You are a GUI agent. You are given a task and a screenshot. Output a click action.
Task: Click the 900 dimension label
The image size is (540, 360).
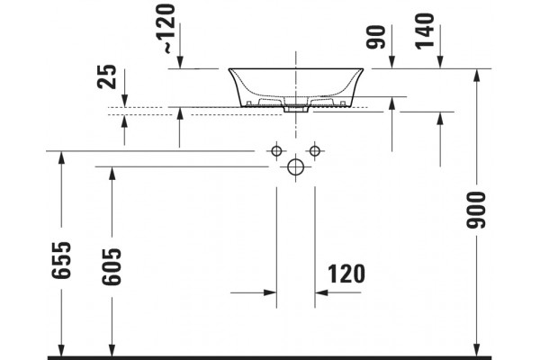point(476,210)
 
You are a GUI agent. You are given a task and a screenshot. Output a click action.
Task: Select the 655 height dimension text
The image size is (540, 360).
point(61,260)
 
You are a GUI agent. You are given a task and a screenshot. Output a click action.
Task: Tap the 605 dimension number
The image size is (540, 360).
point(112,266)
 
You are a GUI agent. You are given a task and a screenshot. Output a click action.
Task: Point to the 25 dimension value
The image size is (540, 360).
point(107,76)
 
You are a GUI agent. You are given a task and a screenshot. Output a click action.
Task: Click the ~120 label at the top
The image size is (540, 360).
point(169,29)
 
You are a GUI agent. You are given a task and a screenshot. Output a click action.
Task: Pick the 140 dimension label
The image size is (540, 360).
point(424,31)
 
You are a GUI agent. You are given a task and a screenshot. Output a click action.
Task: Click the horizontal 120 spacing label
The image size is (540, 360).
point(346,274)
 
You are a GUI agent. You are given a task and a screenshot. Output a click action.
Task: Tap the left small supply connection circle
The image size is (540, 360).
point(276,151)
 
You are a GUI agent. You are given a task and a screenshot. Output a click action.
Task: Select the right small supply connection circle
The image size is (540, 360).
point(315,151)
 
